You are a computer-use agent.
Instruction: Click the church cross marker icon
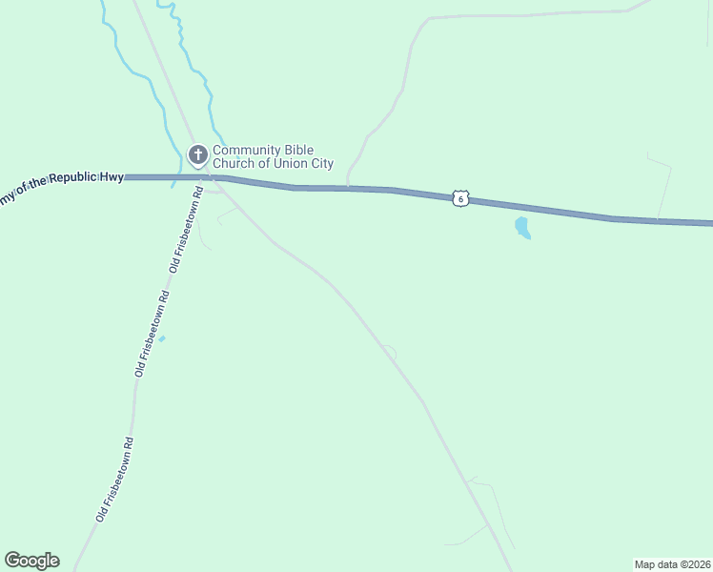pyautogui.click(x=197, y=154)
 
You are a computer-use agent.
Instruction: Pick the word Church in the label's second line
pyautogui.click(x=233, y=164)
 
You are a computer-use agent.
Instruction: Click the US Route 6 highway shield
pyautogui.click(x=460, y=198)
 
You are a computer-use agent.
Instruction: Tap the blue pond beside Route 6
pyautogui.click(x=521, y=228)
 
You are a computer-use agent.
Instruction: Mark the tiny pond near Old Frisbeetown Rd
pyautogui.click(x=161, y=338)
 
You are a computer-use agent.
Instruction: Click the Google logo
pyautogui.click(x=31, y=561)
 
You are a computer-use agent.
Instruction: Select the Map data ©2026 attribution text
pyautogui.click(x=672, y=564)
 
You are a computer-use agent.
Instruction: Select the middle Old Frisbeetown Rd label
pyautogui.click(x=152, y=337)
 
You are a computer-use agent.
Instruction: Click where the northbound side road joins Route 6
pyautogui.click(x=347, y=188)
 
